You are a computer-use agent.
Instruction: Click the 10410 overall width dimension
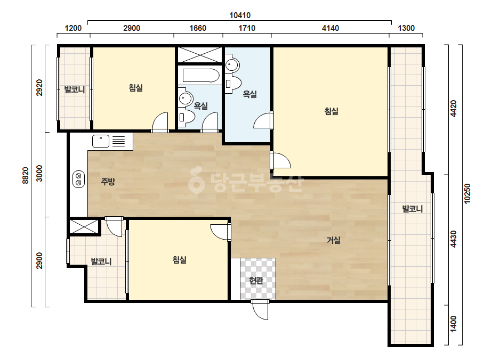tap(240, 15)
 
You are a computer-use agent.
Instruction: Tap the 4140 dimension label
tap(330, 28)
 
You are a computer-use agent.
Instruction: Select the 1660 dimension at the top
tap(198, 28)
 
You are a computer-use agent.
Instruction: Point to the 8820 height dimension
tap(26, 176)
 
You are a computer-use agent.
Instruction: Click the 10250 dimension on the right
tap(467, 193)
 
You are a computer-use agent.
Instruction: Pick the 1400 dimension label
tap(454, 324)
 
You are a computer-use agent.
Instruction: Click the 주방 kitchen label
tap(108, 181)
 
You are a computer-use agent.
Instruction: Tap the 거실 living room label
tap(334, 240)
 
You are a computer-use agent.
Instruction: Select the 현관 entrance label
tap(256, 280)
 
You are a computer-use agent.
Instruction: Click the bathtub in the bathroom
tap(201, 76)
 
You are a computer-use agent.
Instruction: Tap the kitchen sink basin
tap(101, 141)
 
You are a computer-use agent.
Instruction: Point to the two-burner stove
tap(79, 179)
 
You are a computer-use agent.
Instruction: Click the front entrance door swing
tap(260, 310)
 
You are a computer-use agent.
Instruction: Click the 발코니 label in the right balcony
tap(412, 209)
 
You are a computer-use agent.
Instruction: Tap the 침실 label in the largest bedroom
tap(332, 111)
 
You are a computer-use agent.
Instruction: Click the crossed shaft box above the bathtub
tap(200, 55)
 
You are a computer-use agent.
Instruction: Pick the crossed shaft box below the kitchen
tap(84, 226)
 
